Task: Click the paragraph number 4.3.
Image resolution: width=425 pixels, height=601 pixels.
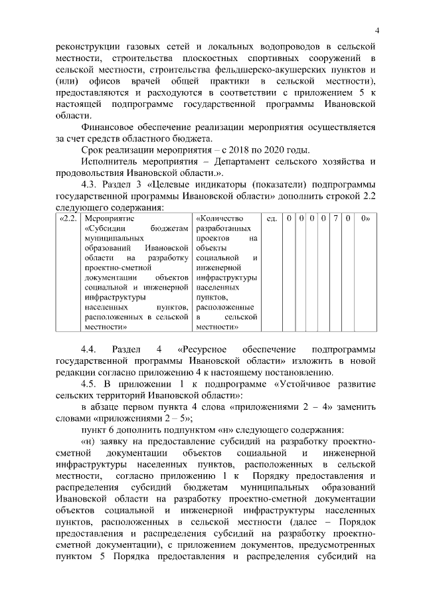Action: pos(92,185)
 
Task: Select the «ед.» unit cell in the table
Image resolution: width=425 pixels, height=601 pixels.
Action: pos(271,218)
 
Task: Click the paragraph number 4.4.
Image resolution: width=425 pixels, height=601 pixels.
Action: pos(90,350)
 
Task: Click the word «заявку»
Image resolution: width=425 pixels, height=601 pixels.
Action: pos(116,442)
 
